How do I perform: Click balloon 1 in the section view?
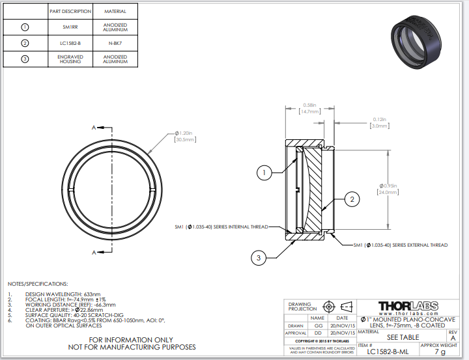tap(264, 173)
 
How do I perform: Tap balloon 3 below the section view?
tap(259, 258)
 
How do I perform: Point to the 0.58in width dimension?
tap(310, 105)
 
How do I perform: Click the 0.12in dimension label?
tap(380, 119)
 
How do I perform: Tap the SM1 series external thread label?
tap(401, 245)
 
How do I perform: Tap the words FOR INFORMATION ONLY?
tap(132, 340)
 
